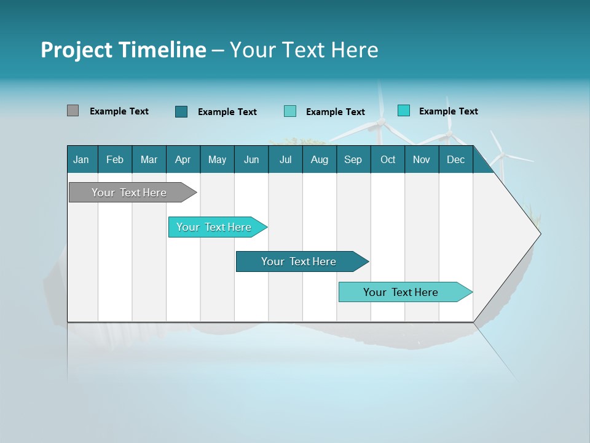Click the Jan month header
pos(81,159)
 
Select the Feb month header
pos(115,159)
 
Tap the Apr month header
pos(183,159)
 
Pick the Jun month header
pos(251,159)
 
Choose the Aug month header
pos(320,159)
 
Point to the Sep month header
pos(353,159)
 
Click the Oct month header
pos(388,159)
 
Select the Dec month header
pos(455,159)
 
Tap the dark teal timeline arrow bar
pos(300,261)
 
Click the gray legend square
pos(73,111)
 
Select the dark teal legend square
pos(181,111)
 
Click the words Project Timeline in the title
pos(124,50)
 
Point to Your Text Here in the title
pos(304,50)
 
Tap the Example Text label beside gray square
pos(119,111)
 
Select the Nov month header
pos(422,159)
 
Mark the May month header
pos(217,159)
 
